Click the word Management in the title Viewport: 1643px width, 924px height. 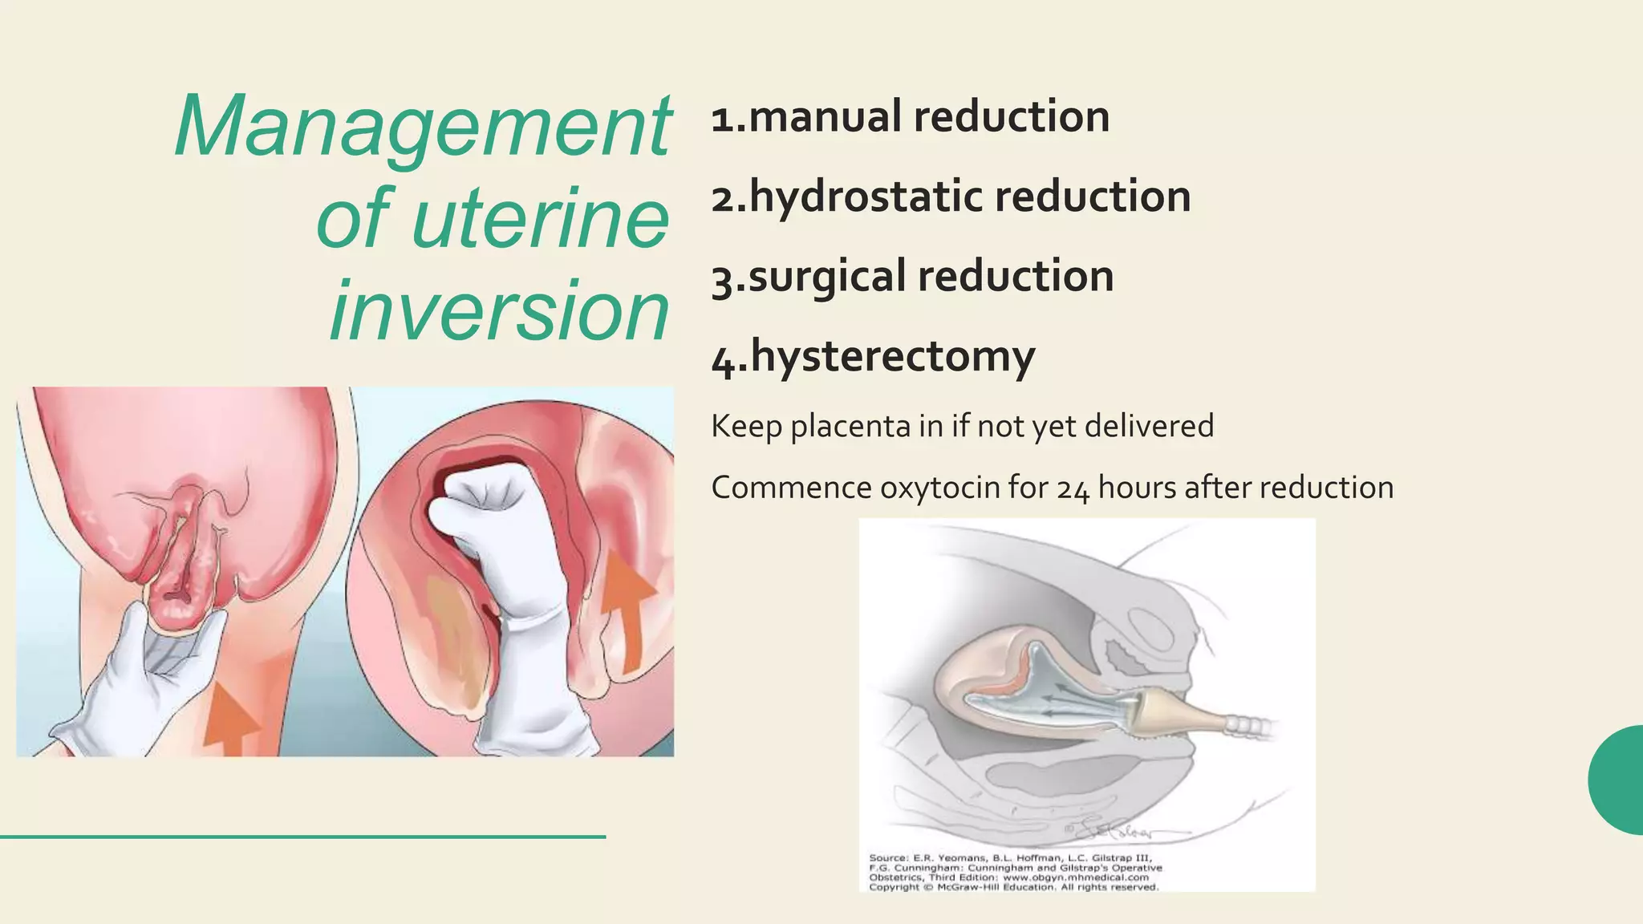[423, 127]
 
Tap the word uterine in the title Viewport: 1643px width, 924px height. [540, 218]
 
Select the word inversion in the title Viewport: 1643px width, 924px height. [499, 310]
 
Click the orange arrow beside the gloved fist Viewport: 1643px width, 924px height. [627, 610]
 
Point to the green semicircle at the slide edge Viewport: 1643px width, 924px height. [1617, 780]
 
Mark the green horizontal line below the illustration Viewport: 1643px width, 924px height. [302, 837]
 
